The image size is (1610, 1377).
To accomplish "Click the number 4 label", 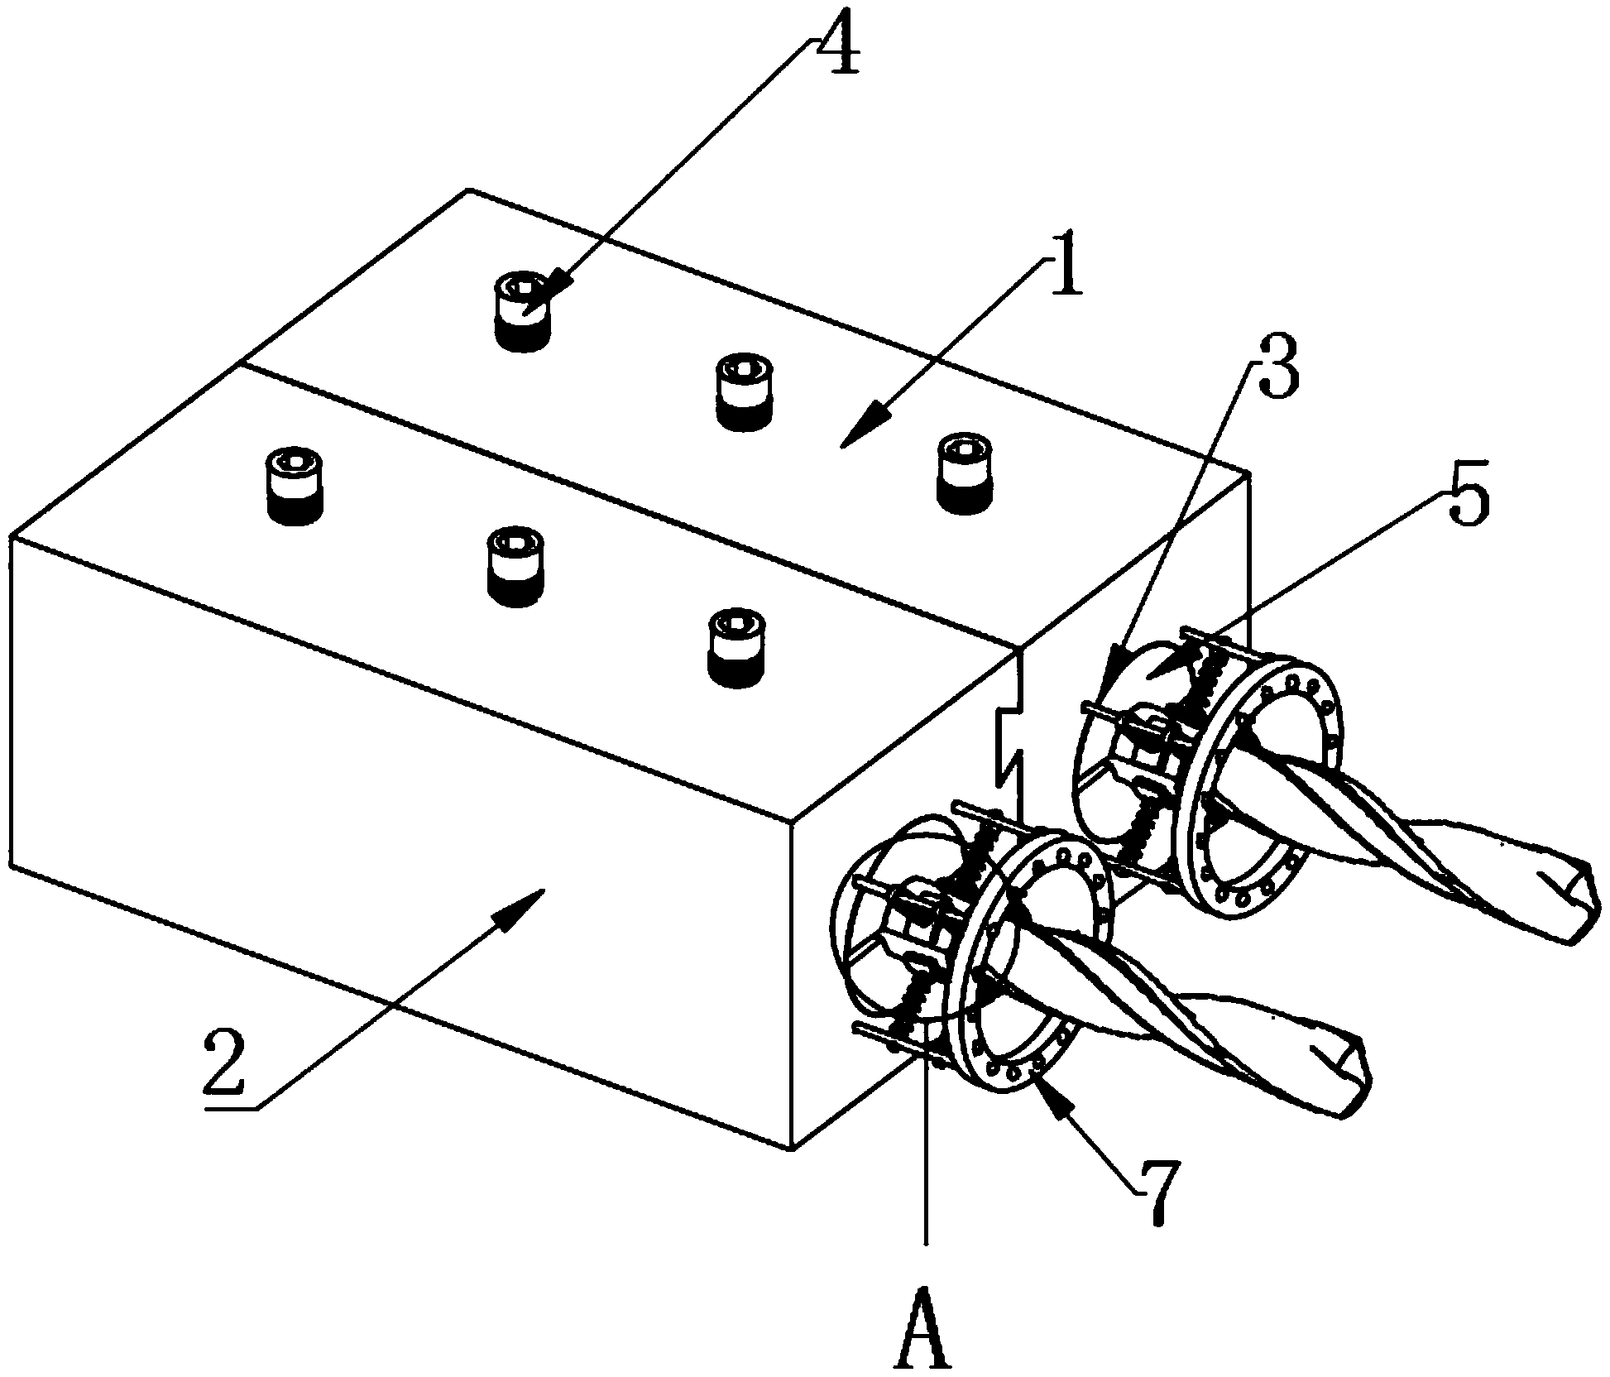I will [836, 47].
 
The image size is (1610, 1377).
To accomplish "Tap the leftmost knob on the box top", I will [295, 485].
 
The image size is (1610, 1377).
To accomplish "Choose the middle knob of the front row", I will [515, 567].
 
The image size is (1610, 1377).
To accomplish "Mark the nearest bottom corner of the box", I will [793, 1149].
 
